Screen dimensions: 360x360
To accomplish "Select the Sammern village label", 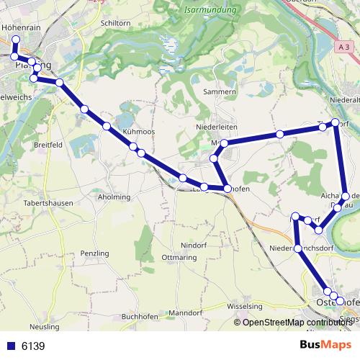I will pos(220,92).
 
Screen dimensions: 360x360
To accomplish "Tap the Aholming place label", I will pos(114,197).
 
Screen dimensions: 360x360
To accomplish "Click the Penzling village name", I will pos(94,253).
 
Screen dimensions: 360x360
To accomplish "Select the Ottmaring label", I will pos(180,257).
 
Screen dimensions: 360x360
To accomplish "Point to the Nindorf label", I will pos(194,245).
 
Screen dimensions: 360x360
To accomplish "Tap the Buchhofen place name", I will pos(140,316).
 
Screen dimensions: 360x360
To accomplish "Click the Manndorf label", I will pos(185,313).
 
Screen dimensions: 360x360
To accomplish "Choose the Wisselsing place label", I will pos(245,306).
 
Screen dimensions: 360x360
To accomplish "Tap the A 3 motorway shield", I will pos(343,46).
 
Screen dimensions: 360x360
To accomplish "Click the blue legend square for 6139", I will pos(9,346).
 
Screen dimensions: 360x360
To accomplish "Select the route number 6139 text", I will pos(33,346).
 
